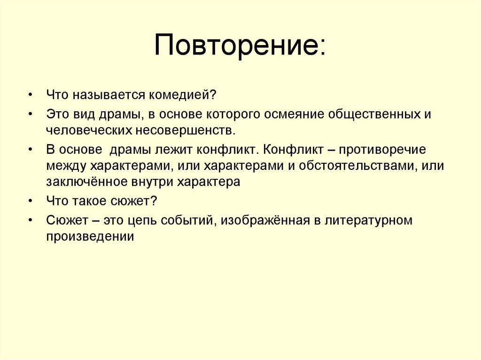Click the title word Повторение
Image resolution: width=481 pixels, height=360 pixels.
pyautogui.click(x=240, y=46)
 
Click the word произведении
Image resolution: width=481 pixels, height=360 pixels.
pyautogui.click(x=90, y=237)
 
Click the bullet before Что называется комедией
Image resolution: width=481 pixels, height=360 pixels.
pyautogui.click(x=30, y=96)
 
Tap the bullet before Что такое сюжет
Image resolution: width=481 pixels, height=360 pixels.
pyautogui.click(x=30, y=201)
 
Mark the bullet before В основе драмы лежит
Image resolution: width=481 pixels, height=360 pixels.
pyautogui.click(x=30, y=150)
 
